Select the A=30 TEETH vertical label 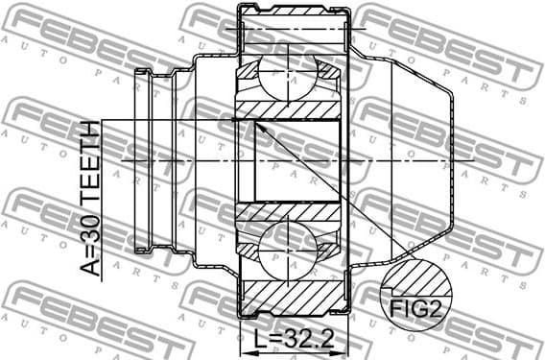88,199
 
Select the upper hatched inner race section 289,110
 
